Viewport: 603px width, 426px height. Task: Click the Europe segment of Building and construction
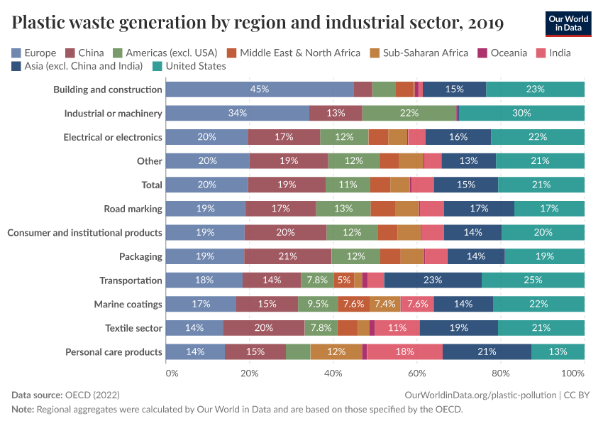pyautogui.click(x=259, y=89)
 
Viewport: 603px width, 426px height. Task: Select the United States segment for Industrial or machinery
pyautogui.click(x=521, y=113)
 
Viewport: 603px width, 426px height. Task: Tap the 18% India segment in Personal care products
pyautogui.click(x=404, y=352)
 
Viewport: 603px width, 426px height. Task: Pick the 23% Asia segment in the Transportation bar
pyautogui.click(x=433, y=280)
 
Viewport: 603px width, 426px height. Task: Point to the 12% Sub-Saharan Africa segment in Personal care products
pyautogui.click(x=336, y=352)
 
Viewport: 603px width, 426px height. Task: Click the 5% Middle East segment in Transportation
pyautogui.click(x=344, y=280)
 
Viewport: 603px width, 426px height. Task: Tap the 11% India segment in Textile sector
pyautogui.click(x=397, y=328)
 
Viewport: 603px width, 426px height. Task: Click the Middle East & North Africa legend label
pyautogui.click(x=300, y=53)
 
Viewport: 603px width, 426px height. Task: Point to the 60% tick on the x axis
pyautogui.click(x=417, y=373)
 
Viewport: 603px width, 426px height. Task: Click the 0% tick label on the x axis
pyautogui.click(x=171, y=373)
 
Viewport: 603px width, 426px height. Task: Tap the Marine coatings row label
pyautogui.click(x=128, y=304)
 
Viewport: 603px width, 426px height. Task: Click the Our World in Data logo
pyautogui.click(x=568, y=23)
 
